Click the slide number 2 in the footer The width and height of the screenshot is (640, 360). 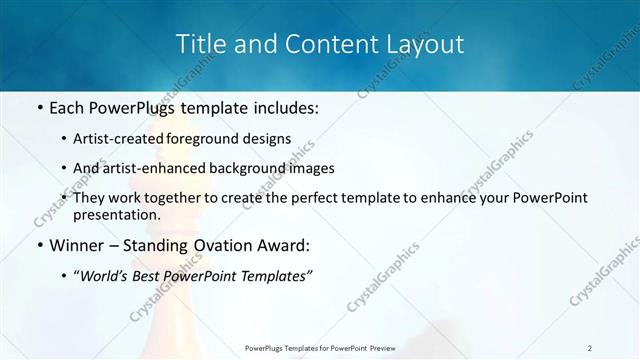590,347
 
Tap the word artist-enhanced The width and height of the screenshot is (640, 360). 148,168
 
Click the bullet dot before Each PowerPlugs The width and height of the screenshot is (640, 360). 38,107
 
